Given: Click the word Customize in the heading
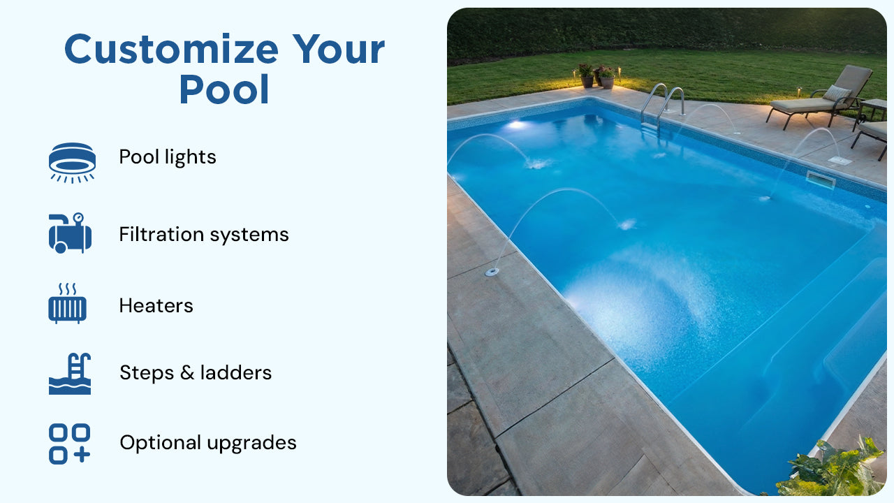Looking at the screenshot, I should [170, 50].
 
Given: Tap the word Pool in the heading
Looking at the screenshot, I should [224, 90].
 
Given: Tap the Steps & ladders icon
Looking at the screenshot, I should [70, 373].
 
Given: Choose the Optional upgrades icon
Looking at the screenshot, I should [70, 444].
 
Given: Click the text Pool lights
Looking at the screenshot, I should [168, 157].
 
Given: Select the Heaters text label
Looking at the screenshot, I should [156, 305].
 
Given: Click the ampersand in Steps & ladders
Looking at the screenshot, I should [186, 373].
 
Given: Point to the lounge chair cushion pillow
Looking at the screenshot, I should [836, 93].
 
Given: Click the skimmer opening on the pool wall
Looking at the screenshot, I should [820, 180].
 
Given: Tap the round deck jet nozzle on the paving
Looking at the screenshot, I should [492, 271].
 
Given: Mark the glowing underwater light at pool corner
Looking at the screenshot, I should [516, 124].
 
